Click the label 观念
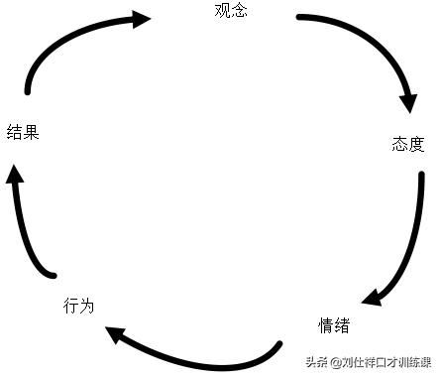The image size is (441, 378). click(x=230, y=12)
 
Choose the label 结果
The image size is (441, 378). click(x=23, y=132)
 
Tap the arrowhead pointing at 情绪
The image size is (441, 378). click(x=373, y=297)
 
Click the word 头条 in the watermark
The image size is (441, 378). click(x=317, y=362)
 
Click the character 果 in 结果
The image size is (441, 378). click(x=31, y=132)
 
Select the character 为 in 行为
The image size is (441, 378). click(x=86, y=306)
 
